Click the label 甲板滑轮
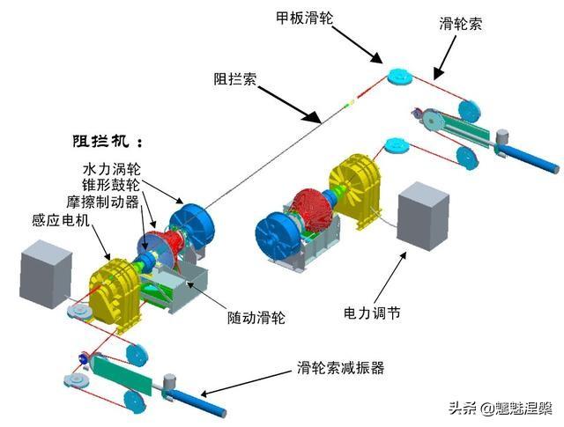[x=305, y=18]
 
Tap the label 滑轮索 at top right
[x=460, y=24]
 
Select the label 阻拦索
[x=235, y=78]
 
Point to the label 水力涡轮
[x=112, y=168]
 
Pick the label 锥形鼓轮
[x=111, y=185]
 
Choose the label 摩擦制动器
[x=102, y=202]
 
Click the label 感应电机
[x=61, y=220]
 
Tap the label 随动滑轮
[x=256, y=317]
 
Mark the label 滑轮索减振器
[x=341, y=367]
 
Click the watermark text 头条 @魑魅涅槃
[x=501, y=409]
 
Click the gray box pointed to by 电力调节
[x=423, y=217]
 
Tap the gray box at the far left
[x=46, y=275]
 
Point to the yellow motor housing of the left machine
[x=115, y=291]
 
